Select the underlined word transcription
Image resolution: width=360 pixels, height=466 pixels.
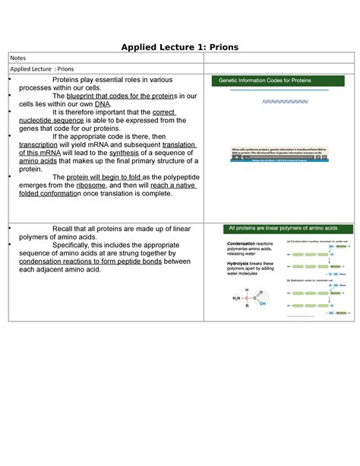pyautogui.click(x=42, y=144)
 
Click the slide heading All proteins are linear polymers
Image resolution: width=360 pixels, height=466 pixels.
pyautogui.click(x=283, y=228)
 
